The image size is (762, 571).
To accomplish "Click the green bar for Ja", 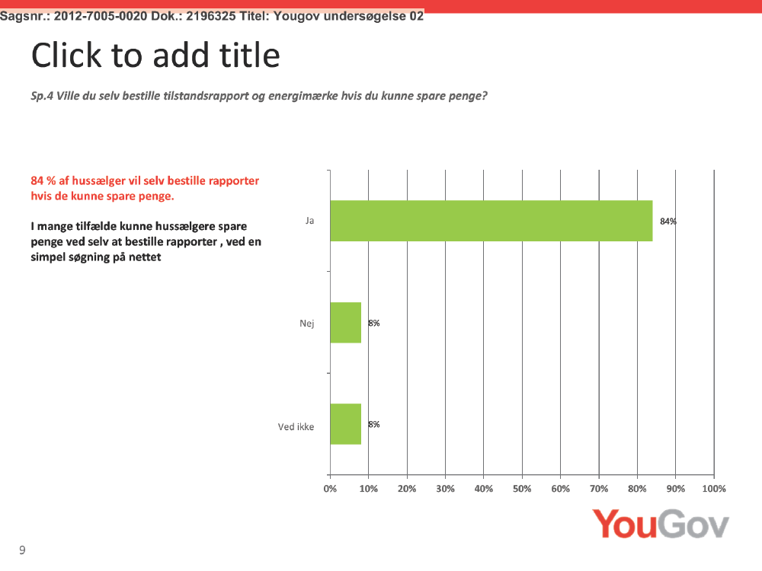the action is [491, 221].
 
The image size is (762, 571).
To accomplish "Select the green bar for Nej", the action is [345, 323].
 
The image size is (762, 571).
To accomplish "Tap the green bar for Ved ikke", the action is [345, 424].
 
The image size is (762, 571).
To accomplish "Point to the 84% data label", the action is [668, 222].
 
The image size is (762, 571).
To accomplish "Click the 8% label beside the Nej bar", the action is [373, 323].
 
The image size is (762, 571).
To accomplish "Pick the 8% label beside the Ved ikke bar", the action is [373, 424].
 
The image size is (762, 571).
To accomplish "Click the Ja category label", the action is [309, 221].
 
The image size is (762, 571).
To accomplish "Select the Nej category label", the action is [306, 324].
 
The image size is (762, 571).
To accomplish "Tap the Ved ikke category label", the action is [296, 427].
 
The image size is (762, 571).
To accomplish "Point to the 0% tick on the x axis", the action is [330, 489].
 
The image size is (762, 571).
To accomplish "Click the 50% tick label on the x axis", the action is [522, 489].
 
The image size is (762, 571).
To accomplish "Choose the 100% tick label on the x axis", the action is [714, 489].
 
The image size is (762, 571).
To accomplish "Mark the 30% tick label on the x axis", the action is [445, 489].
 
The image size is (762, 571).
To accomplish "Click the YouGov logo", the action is [661, 524].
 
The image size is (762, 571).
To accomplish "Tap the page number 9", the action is [22, 550].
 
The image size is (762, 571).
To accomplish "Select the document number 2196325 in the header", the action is [210, 16].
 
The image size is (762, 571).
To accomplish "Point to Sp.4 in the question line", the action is [42, 96].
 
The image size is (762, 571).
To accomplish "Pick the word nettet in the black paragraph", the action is [145, 257].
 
